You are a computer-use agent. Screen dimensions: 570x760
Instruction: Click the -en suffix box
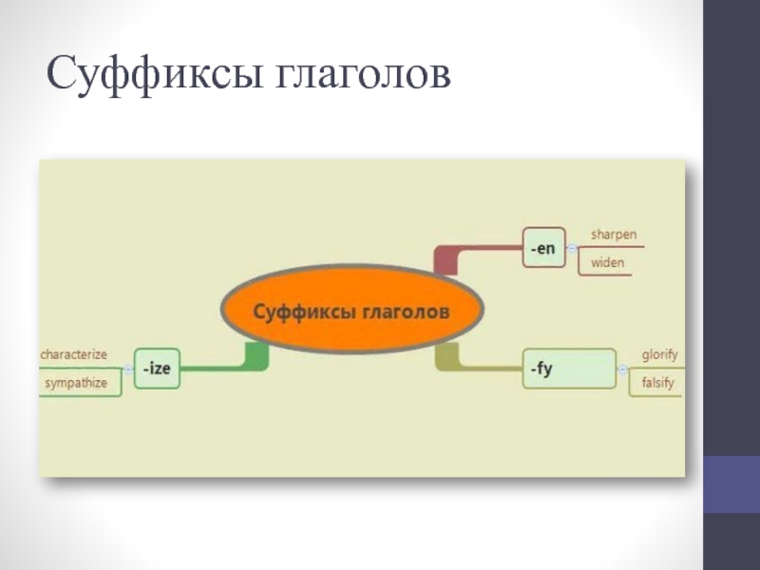tap(543, 247)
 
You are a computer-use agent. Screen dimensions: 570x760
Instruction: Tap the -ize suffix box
tap(157, 369)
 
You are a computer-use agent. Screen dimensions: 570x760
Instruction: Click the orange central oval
tap(351, 311)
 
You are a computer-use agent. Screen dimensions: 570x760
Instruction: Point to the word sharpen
tap(614, 235)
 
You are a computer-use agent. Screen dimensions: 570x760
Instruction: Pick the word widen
tap(608, 261)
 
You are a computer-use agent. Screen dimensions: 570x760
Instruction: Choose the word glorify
tap(659, 355)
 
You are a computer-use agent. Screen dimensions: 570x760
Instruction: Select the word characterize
tap(73, 353)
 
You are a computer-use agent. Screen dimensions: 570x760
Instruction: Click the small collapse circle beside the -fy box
tap(621, 369)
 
